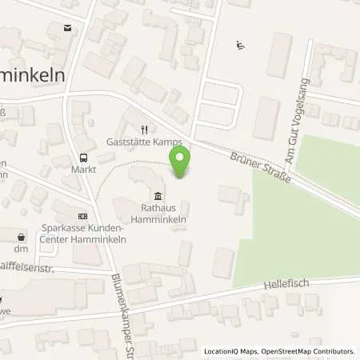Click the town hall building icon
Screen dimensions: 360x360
158,197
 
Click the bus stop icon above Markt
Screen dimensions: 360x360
83,157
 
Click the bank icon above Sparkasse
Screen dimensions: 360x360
81,215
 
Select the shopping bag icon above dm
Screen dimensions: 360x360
21,236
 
